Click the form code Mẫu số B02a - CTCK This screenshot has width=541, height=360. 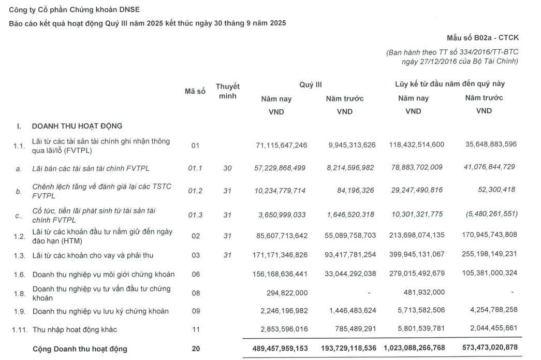(482, 38)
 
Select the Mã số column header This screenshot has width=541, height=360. (195, 91)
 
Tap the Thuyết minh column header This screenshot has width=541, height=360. (228, 91)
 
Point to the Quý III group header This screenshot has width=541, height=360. (311, 84)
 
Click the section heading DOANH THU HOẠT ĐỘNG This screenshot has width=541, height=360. (77, 125)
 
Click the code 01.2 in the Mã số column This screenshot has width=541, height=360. (195, 191)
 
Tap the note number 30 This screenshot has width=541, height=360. (228, 168)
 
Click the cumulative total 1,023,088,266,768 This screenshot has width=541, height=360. (414, 348)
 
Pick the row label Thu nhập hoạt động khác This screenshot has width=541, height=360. (71, 329)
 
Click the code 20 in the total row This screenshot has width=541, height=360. (195, 348)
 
